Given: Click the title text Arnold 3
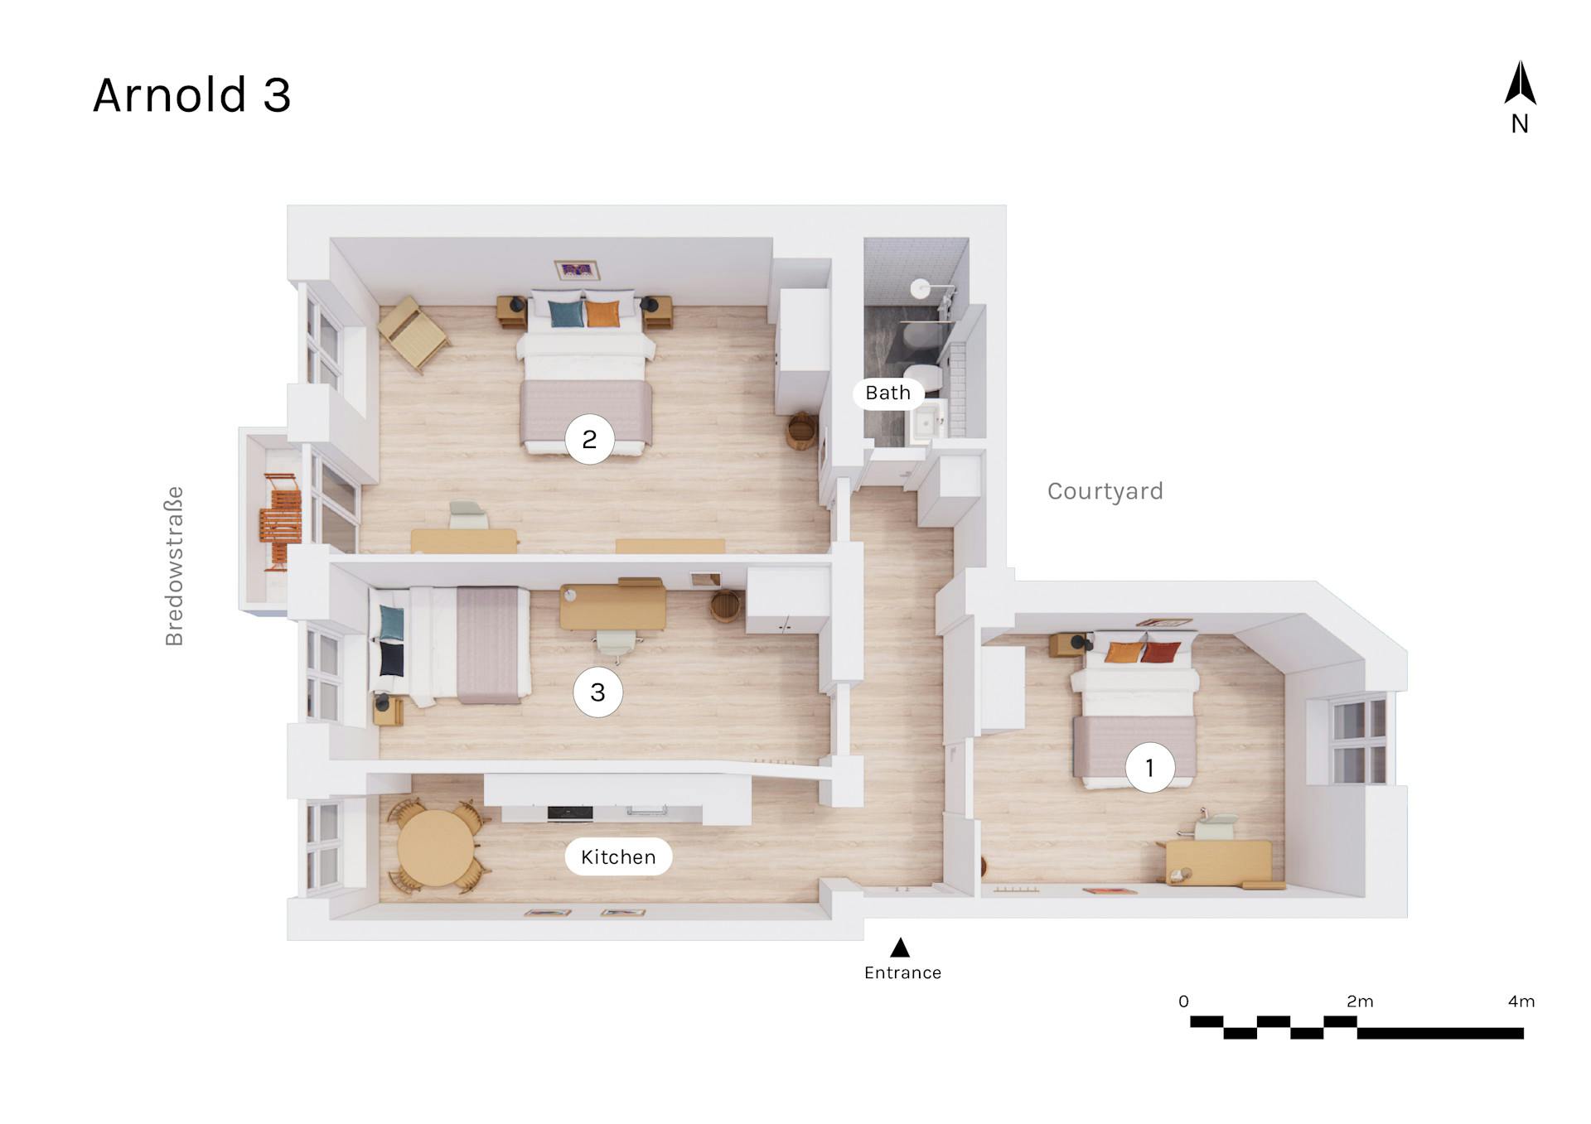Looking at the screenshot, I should tap(191, 95).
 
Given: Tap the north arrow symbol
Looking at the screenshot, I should tap(1520, 84).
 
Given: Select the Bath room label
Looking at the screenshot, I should tap(887, 393).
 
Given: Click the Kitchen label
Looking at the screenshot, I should tap(618, 857).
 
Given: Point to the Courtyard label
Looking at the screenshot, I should tap(1105, 491).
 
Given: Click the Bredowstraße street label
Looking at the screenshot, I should tap(174, 566).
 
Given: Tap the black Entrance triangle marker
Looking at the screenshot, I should tap(900, 948).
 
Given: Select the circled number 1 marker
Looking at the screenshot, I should tap(1149, 768).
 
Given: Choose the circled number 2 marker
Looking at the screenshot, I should tap(589, 439).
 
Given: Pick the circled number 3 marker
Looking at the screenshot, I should tap(597, 692).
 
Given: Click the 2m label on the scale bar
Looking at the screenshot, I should tap(1360, 1001).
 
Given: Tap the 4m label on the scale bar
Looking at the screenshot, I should tap(1521, 1001).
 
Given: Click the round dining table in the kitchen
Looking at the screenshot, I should tap(435, 848).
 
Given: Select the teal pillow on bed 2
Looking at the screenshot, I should tap(566, 314).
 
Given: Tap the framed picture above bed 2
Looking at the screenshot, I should tap(577, 270).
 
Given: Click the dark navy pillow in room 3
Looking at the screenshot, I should tap(391, 658).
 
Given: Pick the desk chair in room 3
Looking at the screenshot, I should tap(615, 643).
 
